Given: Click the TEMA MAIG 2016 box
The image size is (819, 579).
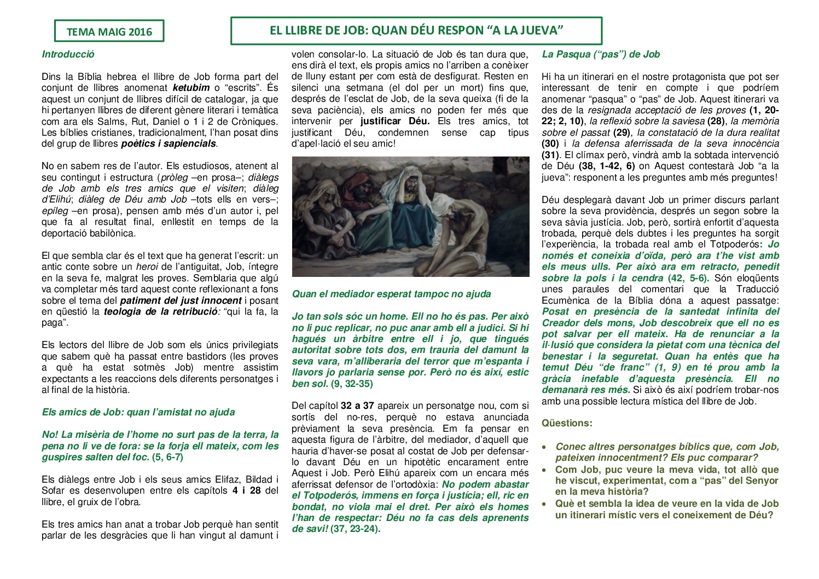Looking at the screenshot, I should point(109,31).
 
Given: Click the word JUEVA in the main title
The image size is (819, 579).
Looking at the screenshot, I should point(541,31).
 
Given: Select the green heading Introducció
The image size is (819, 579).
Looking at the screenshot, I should point(68,54).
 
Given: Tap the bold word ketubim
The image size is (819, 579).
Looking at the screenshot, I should point(191,88).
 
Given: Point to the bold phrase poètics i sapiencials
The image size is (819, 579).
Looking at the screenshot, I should point(169,144).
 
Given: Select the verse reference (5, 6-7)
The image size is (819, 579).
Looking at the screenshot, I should point(167,457).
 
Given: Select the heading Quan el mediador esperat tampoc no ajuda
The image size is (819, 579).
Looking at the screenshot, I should point(391,294).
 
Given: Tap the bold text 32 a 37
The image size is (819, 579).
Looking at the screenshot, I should point(357,406).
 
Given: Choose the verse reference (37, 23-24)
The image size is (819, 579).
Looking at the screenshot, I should point(355,529).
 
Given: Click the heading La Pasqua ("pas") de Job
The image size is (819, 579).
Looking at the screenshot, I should point(601,54).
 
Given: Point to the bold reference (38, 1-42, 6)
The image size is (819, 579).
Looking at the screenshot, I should point(606,166).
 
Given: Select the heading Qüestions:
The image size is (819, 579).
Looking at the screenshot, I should point(567,423).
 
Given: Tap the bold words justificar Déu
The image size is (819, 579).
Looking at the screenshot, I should point(395,121).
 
